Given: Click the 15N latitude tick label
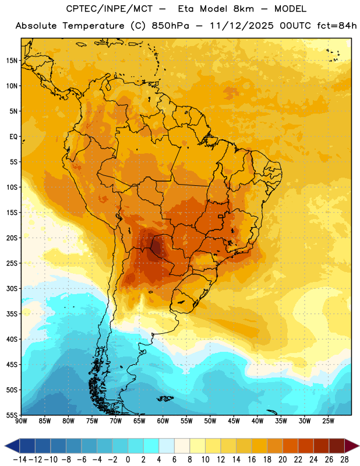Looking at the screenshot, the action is (x=12, y=61).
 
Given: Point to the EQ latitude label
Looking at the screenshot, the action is (x=13, y=137).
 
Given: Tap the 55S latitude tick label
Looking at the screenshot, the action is (x=12, y=415).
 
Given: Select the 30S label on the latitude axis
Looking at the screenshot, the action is (x=12, y=288).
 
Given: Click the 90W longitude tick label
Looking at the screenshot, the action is (x=21, y=421).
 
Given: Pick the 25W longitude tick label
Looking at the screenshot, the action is (x=328, y=421).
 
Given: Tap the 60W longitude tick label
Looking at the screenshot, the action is (x=163, y=421).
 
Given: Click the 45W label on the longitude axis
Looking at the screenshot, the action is (x=234, y=421).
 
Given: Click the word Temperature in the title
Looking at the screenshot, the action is (x=93, y=26).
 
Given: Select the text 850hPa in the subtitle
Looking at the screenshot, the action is (x=170, y=26).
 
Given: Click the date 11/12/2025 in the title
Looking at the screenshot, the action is (x=242, y=26).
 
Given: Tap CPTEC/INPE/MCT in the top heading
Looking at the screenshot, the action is (x=110, y=9).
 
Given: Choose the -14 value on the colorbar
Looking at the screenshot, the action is (x=20, y=460).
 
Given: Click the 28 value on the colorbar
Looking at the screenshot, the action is (x=344, y=460).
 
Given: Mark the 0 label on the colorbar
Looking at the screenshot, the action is (x=128, y=460).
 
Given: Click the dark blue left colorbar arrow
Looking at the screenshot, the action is (x=12, y=446).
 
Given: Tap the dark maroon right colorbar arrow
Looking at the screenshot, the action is (x=352, y=446).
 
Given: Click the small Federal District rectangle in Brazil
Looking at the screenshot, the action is (x=221, y=216).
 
